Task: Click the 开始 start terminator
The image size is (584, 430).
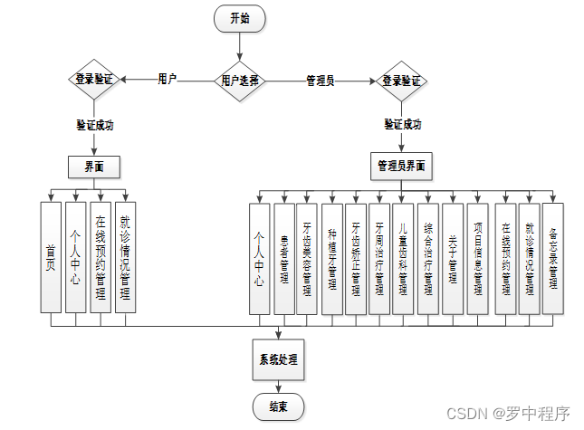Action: tap(239, 18)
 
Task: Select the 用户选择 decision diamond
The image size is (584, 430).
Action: tap(239, 80)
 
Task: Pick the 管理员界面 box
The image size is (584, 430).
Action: tap(402, 166)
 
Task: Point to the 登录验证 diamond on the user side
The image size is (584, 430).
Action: tap(94, 80)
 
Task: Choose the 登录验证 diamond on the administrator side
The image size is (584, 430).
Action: tap(402, 80)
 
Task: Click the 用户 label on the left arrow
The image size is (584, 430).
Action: tap(168, 79)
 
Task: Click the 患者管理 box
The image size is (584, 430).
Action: tap(284, 258)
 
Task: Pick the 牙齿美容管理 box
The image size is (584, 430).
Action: tap(309, 258)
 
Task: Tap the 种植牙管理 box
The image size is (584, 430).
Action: tap(332, 258)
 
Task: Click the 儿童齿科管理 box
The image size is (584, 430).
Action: tap(404, 258)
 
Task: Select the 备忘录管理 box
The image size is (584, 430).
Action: tap(553, 258)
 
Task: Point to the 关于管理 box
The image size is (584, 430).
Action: tap(452, 258)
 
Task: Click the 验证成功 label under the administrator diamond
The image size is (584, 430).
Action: tap(402, 124)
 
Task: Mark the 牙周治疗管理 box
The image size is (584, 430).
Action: tap(380, 258)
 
